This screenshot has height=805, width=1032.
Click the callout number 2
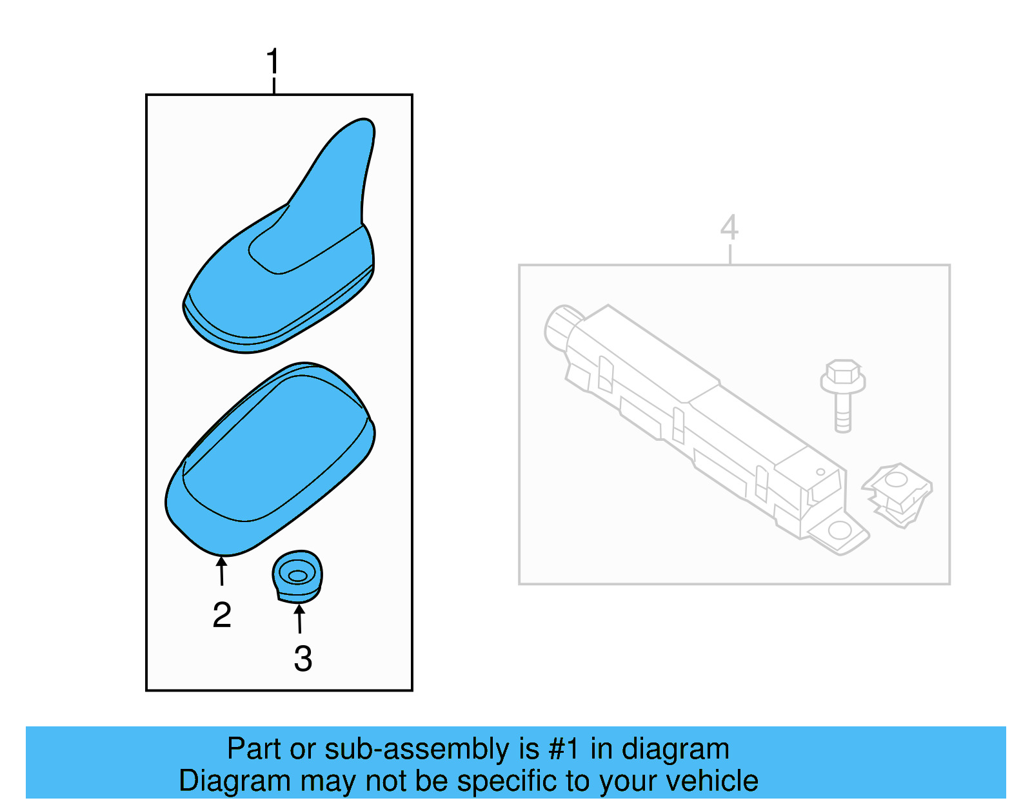(x=222, y=615)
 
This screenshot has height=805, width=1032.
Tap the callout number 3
(x=303, y=659)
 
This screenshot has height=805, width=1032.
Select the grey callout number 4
(x=729, y=227)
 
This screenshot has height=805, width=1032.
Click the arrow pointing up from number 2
(x=221, y=571)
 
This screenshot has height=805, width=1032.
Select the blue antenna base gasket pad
(x=271, y=458)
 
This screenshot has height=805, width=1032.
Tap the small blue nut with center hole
(x=297, y=576)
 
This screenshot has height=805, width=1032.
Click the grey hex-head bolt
(x=842, y=393)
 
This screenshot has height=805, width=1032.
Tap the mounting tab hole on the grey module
(x=839, y=531)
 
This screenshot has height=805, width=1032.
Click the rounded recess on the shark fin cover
(x=284, y=248)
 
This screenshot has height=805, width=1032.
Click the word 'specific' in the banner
(x=508, y=781)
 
